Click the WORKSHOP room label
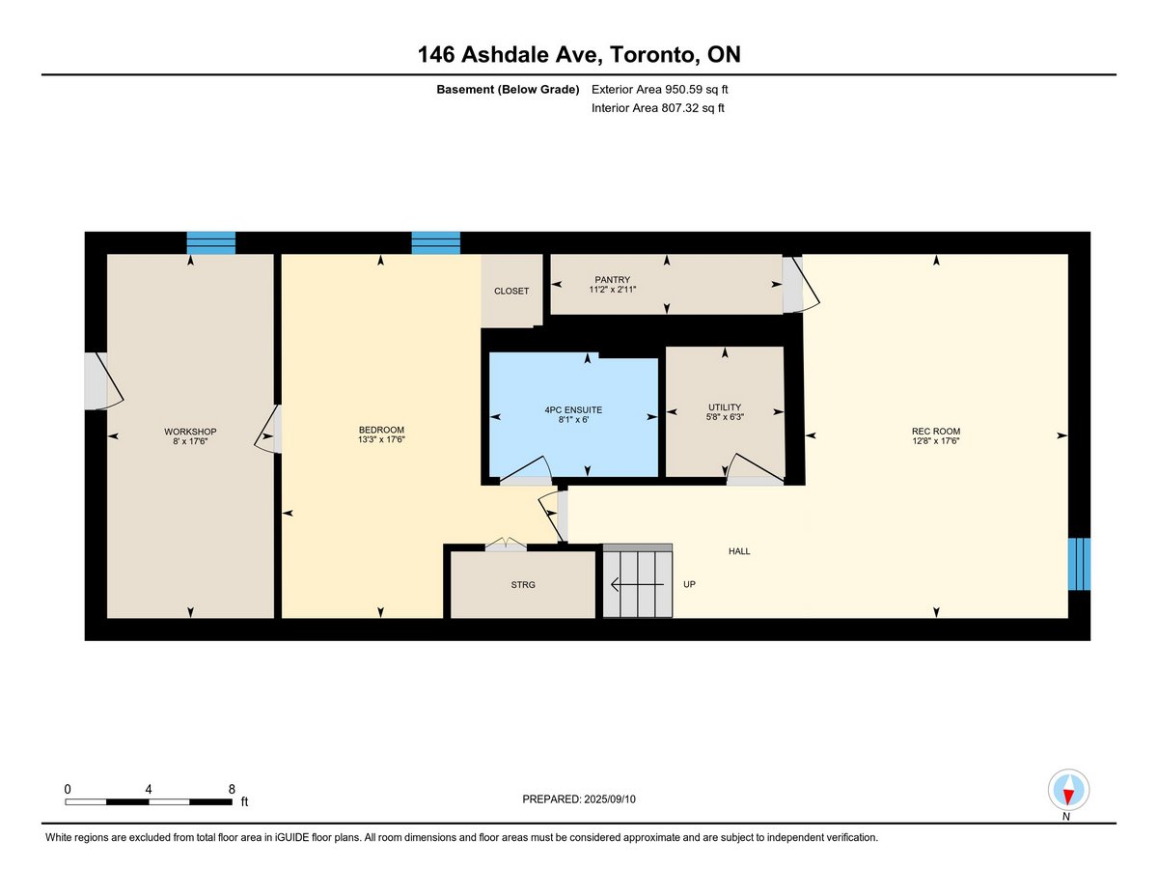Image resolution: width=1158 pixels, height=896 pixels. click(190, 432)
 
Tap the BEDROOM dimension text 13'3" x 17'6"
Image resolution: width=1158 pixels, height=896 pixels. click(381, 439)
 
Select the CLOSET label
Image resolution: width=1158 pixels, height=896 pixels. click(511, 291)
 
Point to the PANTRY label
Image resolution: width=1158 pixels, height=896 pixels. click(613, 280)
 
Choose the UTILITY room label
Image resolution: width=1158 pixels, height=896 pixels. click(725, 407)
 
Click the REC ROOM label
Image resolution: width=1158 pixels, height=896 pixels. click(936, 432)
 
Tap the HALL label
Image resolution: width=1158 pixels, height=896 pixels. click(739, 551)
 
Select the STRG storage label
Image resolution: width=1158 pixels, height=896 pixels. click(523, 585)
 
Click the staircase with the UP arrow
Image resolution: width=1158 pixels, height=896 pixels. click(637, 581)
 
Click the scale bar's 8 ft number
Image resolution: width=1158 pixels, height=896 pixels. click(232, 789)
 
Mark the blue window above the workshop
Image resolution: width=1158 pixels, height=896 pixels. click(211, 243)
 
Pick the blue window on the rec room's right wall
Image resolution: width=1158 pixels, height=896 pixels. click(1079, 564)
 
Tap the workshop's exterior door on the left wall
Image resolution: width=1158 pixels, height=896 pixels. click(104, 381)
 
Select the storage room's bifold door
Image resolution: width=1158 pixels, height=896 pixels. click(506, 545)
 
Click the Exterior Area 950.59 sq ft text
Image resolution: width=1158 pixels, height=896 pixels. click(659, 90)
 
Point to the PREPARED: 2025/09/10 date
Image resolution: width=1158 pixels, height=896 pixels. click(579, 799)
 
